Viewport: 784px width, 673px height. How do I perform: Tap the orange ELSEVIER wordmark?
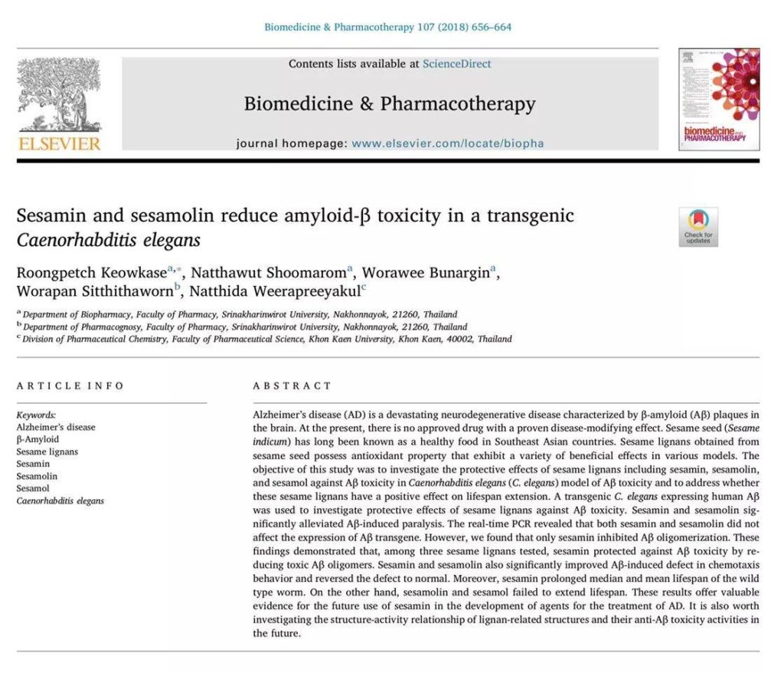[58, 143]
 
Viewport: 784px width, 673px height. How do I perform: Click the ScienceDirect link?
[456, 64]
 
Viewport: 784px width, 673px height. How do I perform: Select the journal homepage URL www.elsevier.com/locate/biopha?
[448, 143]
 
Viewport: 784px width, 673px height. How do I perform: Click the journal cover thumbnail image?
[718, 99]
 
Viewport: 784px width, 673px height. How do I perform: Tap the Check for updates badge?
[697, 227]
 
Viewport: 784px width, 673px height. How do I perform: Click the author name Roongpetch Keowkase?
[92, 273]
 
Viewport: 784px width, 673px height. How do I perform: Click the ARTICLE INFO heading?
[70, 386]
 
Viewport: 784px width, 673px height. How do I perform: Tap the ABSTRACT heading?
[292, 386]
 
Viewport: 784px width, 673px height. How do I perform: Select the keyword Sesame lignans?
[47, 451]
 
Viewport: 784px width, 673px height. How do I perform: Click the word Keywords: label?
[36, 414]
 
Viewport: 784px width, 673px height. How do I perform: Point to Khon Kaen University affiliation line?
[266, 339]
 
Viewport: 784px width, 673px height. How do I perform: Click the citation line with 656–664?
[387, 27]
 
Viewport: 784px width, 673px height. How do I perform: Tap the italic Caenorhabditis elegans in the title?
[108, 240]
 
